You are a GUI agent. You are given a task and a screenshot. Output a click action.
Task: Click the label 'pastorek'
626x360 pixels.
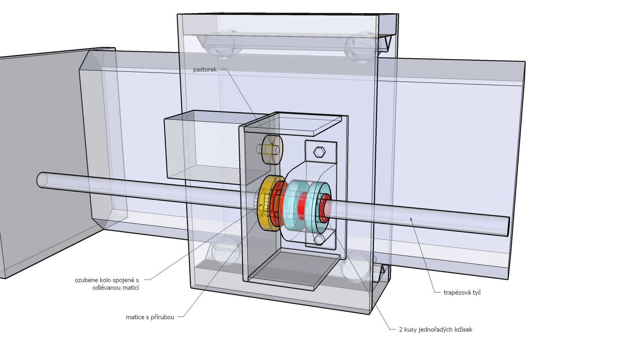point(205,70)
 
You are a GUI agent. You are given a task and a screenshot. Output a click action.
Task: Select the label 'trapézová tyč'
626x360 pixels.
point(462,292)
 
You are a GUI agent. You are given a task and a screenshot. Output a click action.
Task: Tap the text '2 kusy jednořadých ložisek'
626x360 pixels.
point(436,330)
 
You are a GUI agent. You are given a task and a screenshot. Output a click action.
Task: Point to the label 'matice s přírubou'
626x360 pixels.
point(150,317)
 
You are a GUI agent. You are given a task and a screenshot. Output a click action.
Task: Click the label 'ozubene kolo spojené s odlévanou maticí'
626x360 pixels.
point(107,284)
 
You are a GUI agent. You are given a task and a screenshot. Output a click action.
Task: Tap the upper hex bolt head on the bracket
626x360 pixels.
point(319,152)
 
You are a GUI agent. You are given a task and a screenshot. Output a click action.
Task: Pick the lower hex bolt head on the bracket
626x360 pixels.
point(319,239)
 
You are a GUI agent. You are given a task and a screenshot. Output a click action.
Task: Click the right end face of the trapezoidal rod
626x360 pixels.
point(508,226)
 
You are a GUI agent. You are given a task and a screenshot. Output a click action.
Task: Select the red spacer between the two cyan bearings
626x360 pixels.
point(301,206)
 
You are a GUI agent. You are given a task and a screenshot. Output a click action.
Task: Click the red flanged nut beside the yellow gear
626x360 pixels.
point(277,202)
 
